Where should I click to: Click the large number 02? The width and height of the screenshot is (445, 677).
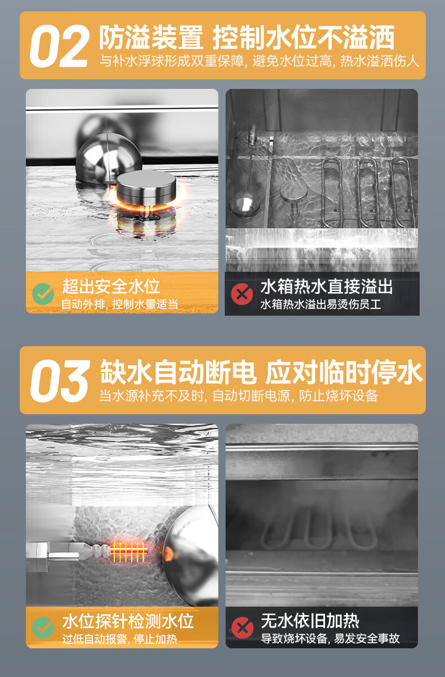(x=59, y=46)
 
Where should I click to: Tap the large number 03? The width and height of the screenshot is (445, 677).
(x=60, y=381)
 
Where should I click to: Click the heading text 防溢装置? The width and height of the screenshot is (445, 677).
(x=152, y=37)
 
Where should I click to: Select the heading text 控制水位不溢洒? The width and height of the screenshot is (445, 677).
(x=304, y=37)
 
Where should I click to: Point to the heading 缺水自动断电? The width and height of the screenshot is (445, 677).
(x=179, y=372)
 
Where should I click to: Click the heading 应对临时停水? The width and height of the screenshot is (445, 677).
(x=344, y=372)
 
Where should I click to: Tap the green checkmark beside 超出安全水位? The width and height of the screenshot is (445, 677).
(x=43, y=294)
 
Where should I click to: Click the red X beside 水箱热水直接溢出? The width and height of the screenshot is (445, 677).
(x=242, y=294)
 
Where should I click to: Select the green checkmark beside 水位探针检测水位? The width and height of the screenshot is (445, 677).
(x=43, y=627)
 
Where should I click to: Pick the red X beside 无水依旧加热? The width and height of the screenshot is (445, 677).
(x=242, y=627)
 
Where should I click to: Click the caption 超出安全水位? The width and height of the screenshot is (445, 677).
(x=111, y=286)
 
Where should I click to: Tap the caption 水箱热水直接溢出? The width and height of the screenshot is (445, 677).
(x=327, y=286)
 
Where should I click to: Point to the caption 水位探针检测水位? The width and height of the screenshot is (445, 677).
(x=128, y=621)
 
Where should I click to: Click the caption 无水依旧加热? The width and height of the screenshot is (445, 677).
(x=310, y=621)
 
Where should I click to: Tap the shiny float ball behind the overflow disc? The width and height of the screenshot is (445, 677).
(x=108, y=158)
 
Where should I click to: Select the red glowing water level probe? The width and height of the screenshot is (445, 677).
(x=130, y=552)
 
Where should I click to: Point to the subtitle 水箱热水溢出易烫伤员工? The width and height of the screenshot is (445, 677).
(x=321, y=304)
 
